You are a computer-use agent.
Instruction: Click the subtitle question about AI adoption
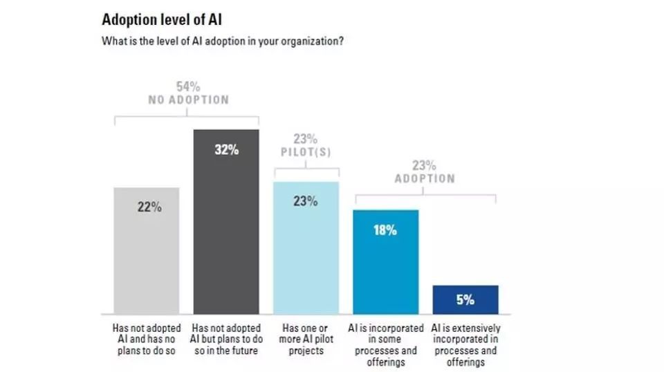point(223,40)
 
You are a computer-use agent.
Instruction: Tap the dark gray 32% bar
point(226,228)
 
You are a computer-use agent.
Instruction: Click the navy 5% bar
point(465,300)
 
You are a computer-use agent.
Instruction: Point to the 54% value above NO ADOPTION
point(189,86)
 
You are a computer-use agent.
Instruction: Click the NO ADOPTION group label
point(189,100)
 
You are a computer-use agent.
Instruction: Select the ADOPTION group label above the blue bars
point(425,178)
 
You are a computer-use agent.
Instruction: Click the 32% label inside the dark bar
point(226,149)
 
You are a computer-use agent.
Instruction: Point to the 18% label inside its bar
point(385,230)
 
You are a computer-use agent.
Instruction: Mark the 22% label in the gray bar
point(147,207)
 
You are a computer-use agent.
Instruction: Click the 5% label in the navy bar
point(465,300)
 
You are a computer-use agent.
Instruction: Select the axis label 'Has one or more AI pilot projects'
point(305,339)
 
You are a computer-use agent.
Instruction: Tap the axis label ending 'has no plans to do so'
point(147,339)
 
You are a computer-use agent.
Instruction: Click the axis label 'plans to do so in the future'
point(226,339)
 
